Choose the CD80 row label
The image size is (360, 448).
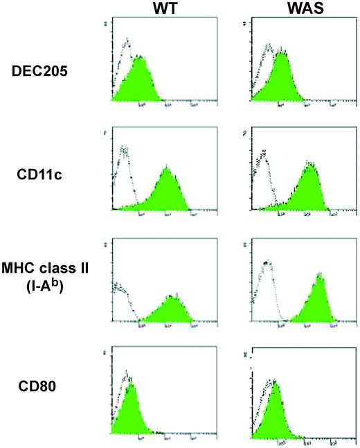click(x=42, y=399)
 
